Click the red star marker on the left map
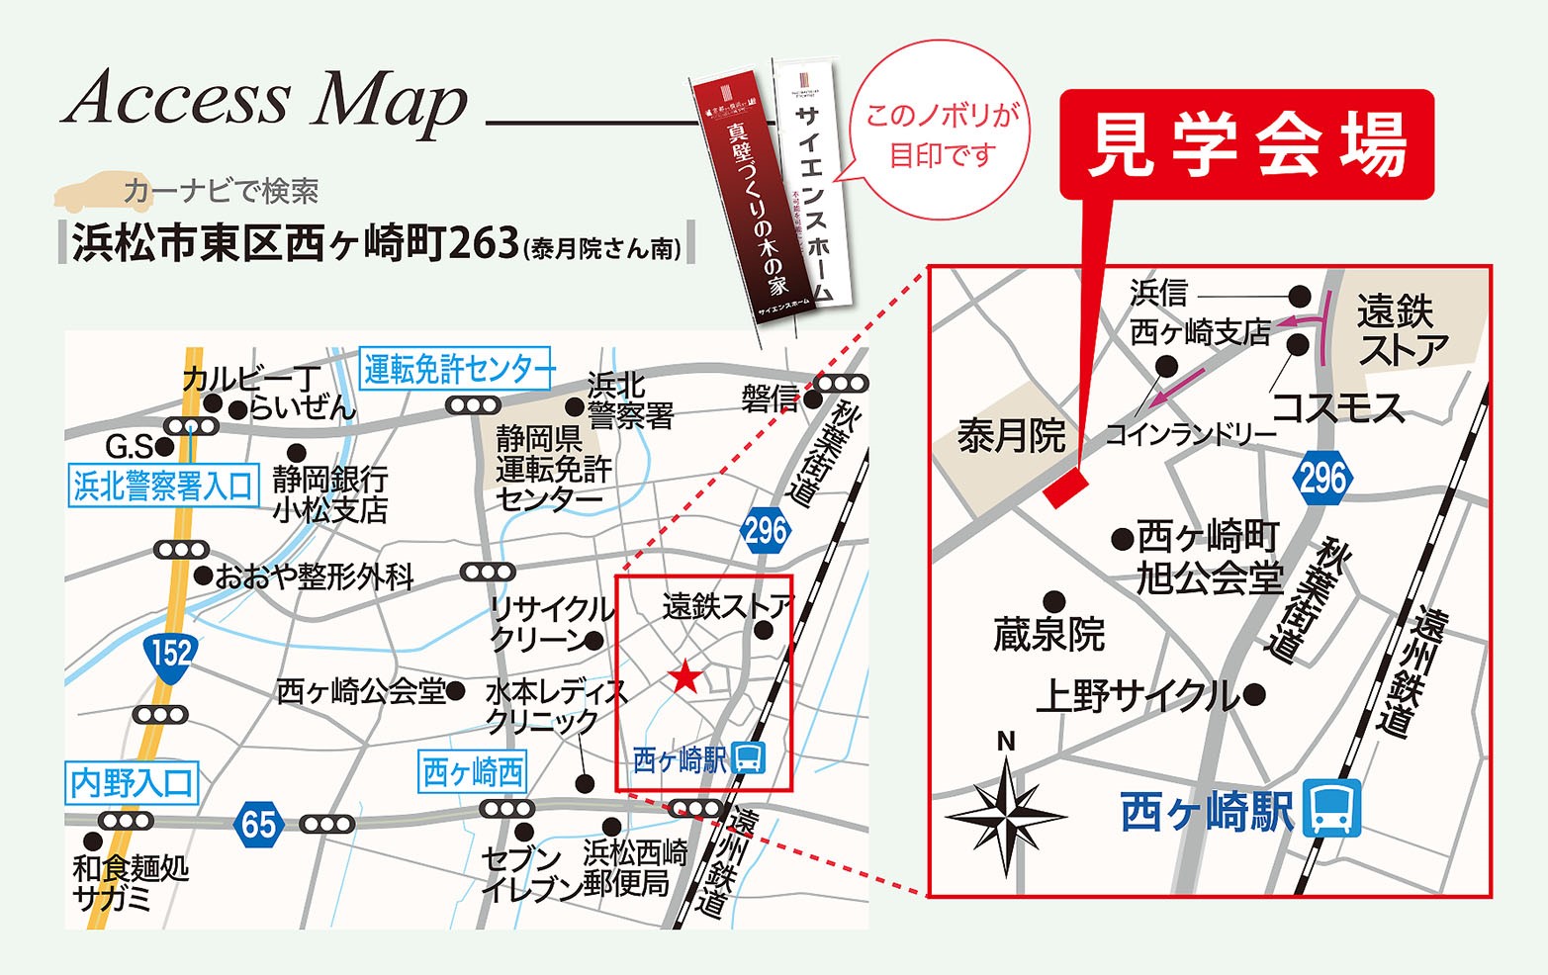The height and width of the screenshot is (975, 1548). click(x=684, y=677)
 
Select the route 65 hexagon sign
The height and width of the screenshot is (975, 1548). click(x=258, y=824)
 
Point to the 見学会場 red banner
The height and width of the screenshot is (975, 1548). click(x=1246, y=144)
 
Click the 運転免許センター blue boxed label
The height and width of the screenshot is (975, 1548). click(x=458, y=369)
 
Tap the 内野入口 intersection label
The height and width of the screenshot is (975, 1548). click(x=133, y=783)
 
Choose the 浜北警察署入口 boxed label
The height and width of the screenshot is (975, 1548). click(x=164, y=486)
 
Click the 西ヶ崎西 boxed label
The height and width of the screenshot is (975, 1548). click(x=473, y=771)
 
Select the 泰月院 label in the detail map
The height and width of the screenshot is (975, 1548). click(x=1010, y=435)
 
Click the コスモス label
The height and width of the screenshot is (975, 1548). click(x=1337, y=407)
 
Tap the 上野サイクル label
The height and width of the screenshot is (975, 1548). click(x=1138, y=696)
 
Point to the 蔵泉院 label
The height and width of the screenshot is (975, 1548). click(x=1048, y=635)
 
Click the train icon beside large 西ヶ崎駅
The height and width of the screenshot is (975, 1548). click(x=1330, y=809)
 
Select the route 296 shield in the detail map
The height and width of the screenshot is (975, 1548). click(x=1322, y=479)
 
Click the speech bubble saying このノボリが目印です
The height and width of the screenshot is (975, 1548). click(x=941, y=135)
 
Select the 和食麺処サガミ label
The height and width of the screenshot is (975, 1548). click(x=130, y=882)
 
